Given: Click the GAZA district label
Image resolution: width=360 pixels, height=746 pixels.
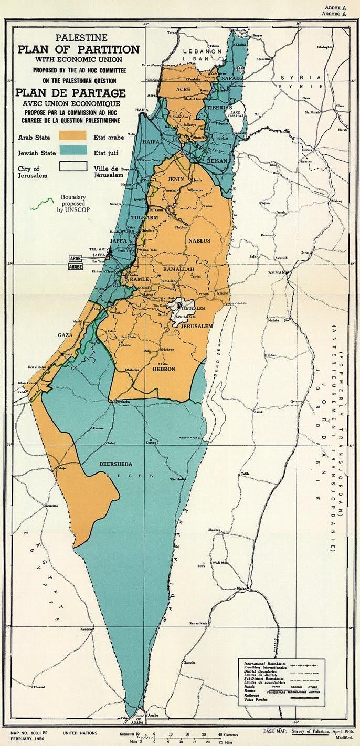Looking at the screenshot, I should [65, 334].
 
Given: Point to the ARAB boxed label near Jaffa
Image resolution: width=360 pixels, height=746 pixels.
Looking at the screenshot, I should [75, 259].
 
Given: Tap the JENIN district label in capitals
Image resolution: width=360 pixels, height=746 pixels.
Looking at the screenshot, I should [179, 179].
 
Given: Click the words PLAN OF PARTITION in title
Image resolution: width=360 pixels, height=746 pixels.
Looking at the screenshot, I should [78, 50].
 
